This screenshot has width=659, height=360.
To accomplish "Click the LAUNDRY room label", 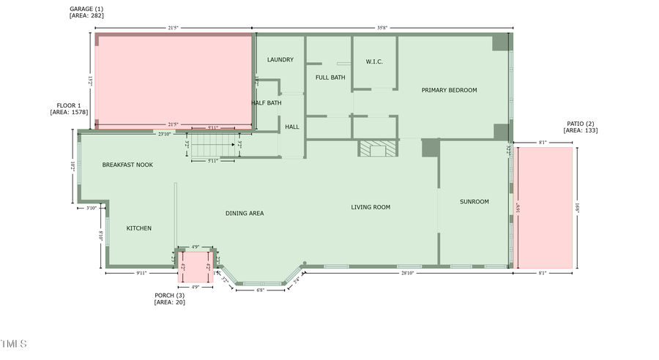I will coord(280,60).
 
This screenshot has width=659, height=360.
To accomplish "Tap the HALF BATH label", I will coord(267,103).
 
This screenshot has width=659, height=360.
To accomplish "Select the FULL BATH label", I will coord(330,78).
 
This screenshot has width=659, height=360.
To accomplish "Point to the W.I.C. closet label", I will coord(374,61).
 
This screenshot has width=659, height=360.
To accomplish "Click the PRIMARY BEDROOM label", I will coord(449,90).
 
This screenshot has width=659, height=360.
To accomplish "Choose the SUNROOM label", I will coord(474,202).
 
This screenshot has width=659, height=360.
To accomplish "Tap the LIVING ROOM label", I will coord(371,207).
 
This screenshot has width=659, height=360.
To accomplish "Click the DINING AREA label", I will coord(245,214).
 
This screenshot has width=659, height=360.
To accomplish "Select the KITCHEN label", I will coord(139,228).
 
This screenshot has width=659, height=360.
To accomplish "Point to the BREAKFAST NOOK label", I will coord(127,165).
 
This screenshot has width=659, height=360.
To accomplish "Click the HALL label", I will coord(292,127).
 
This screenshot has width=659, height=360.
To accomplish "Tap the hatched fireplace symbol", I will coord(376,149).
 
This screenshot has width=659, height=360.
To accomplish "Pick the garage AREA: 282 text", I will coord(87,15).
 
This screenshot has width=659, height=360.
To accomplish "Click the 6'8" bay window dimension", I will coord(261,290).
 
